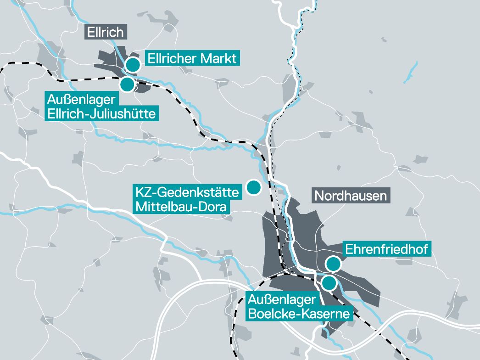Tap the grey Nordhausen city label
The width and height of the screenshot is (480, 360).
click(350, 196)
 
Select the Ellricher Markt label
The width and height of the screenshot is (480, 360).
click(192, 58)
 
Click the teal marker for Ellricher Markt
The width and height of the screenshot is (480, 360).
click(133, 65)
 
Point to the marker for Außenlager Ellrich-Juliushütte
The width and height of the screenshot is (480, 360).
click(127, 84)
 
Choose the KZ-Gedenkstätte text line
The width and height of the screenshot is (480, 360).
click(187, 192)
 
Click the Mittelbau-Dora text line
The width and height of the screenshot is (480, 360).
click(181, 207)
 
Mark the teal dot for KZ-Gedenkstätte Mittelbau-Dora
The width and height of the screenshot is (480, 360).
click(253, 187)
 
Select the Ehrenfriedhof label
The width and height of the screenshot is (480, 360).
click(386, 249)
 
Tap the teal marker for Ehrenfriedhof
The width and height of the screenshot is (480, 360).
click(333, 264)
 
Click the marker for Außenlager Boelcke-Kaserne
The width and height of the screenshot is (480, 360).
click(329, 283)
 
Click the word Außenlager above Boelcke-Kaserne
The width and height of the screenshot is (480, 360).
click(282, 300)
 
